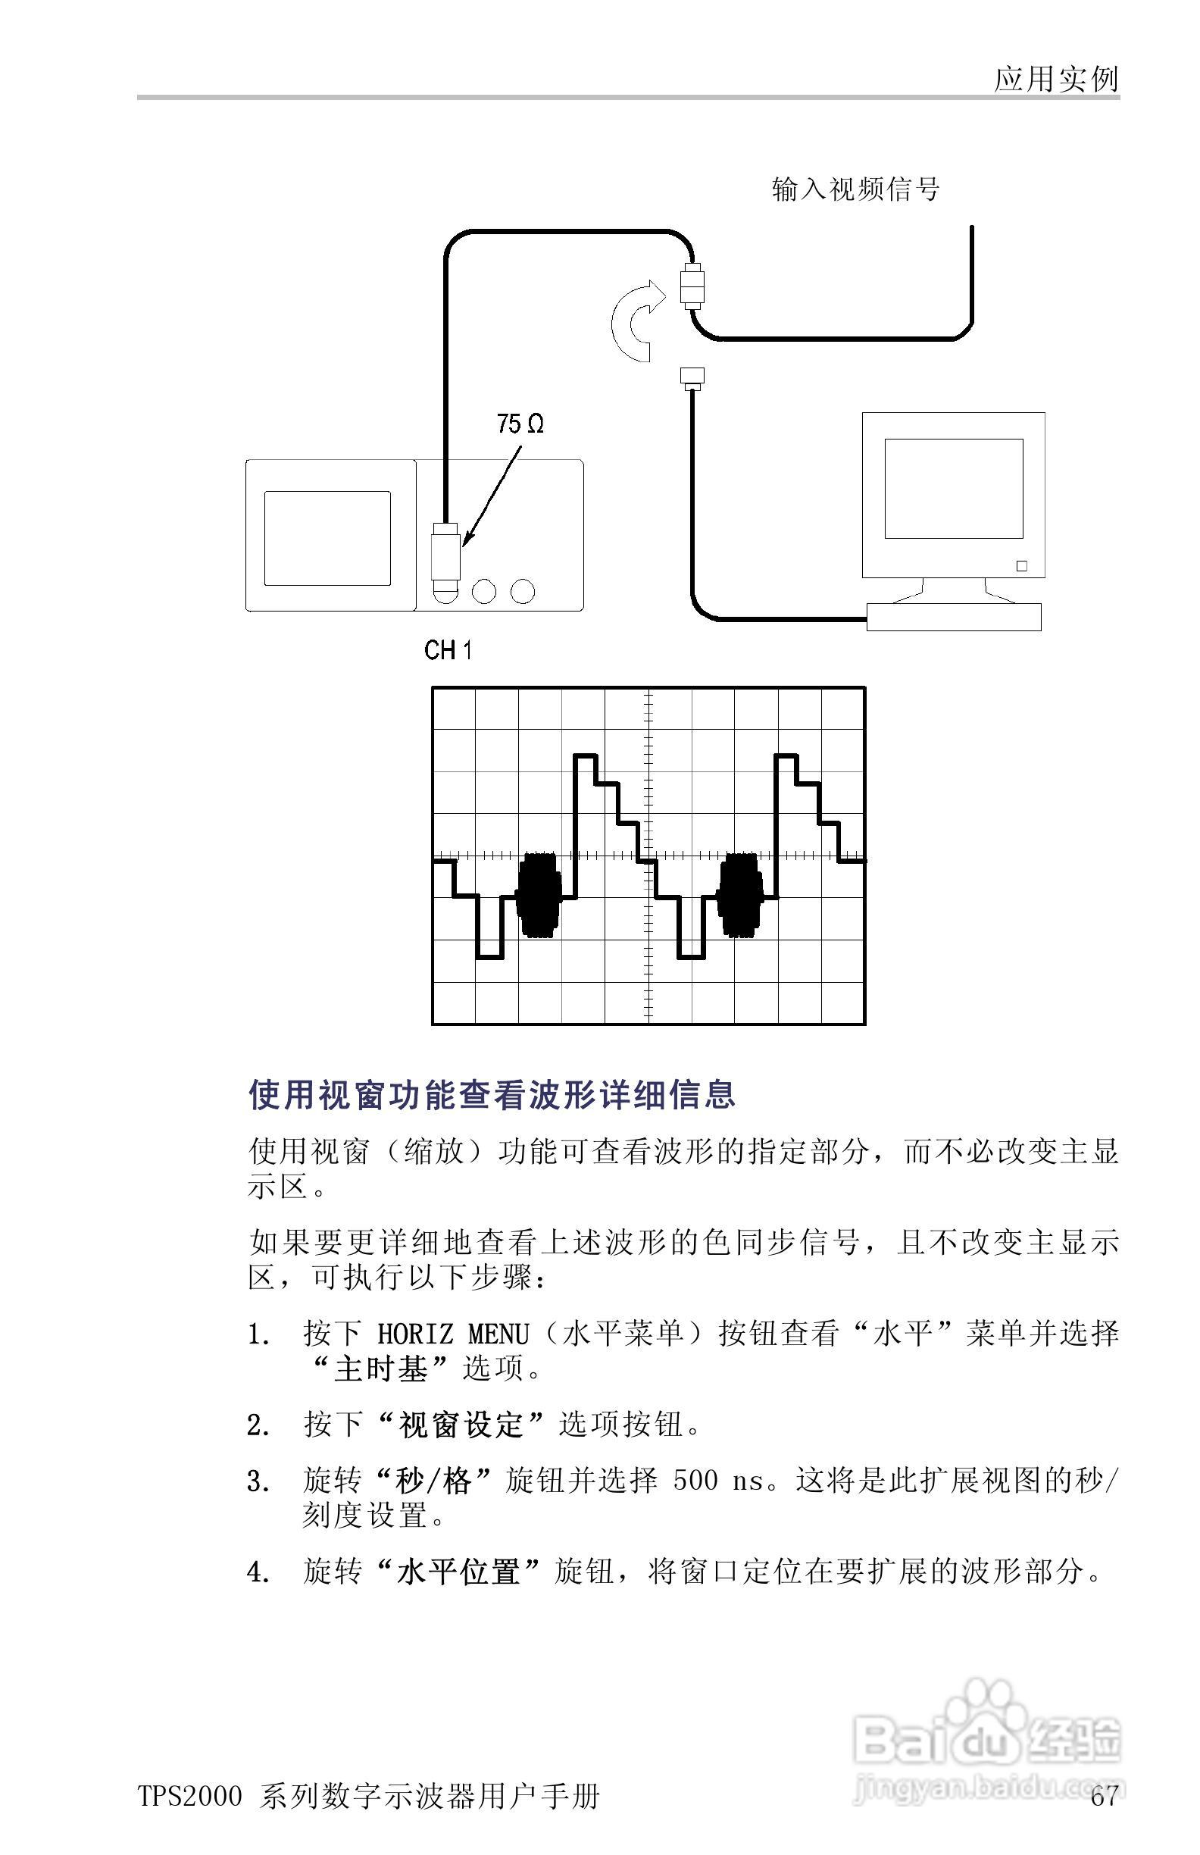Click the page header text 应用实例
click(1056, 79)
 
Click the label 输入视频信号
click(855, 189)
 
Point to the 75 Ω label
click(520, 424)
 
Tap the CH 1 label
click(448, 650)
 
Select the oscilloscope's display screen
click(327, 538)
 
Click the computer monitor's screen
click(953, 488)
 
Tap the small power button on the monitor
click(1021, 566)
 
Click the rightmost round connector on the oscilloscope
click(523, 592)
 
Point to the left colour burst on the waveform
click(539, 895)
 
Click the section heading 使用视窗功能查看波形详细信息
click(492, 1095)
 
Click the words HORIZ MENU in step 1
click(453, 1335)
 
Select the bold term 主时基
click(381, 1369)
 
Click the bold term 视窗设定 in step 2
click(460, 1425)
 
